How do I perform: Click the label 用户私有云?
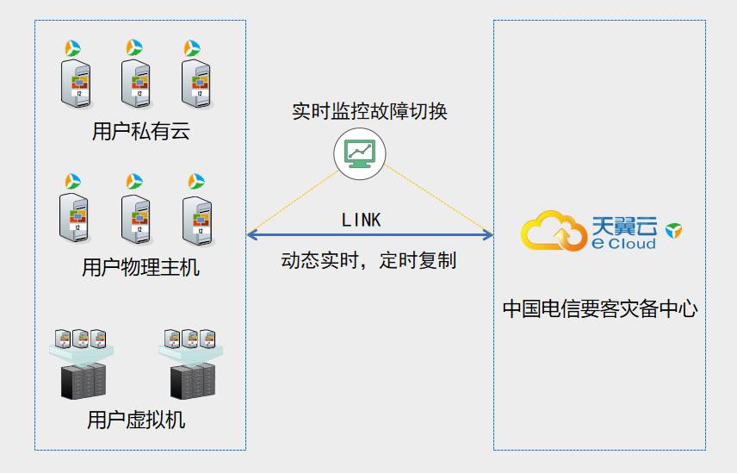pyautogui.click(x=139, y=132)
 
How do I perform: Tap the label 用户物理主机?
pyautogui.click(x=139, y=267)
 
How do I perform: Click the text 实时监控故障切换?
pyautogui.click(x=368, y=112)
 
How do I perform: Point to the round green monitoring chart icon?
pyautogui.click(x=359, y=153)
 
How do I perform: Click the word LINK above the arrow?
pyautogui.click(x=361, y=221)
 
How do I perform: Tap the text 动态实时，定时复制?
pyautogui.click(x=368, y=261)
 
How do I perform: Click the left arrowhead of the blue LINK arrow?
pyautogui.click(x=251, y=234)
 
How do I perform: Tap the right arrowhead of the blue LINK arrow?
pyautogui.click(x=488, y=234)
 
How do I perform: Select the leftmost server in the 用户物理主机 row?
pyautogui.click(x=75, y=216)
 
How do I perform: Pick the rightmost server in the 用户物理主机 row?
pyautogui.click(x=197, y=216)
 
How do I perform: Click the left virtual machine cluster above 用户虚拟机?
pyautogui.click(x=82, y=363)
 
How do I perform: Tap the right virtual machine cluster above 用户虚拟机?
pyautogui.click(x=192, y=363)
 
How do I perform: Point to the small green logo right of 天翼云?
pyautogui.click(x=673, y=228)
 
